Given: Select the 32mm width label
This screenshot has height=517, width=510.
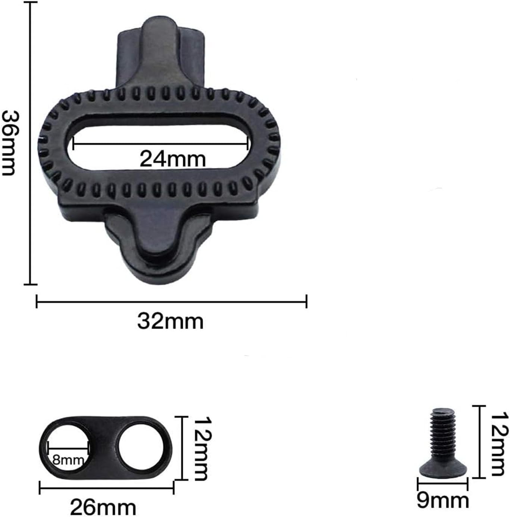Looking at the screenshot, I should click(x=170, y=322).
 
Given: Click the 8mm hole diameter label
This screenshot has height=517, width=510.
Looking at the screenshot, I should click(x=68, y=460).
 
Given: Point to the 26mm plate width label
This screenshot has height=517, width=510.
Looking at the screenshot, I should click(x=103, y=507).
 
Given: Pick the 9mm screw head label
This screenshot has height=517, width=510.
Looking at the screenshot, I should click(x=442, y=500).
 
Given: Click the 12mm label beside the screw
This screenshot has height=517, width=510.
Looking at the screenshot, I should click(x=499, y=444).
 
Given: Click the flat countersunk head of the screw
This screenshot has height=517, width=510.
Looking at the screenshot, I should click(x=442, y=467).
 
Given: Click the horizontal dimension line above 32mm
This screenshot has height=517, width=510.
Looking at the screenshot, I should click(x=171, y=301).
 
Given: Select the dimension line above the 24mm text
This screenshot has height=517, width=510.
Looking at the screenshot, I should click(x=160, y=142).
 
